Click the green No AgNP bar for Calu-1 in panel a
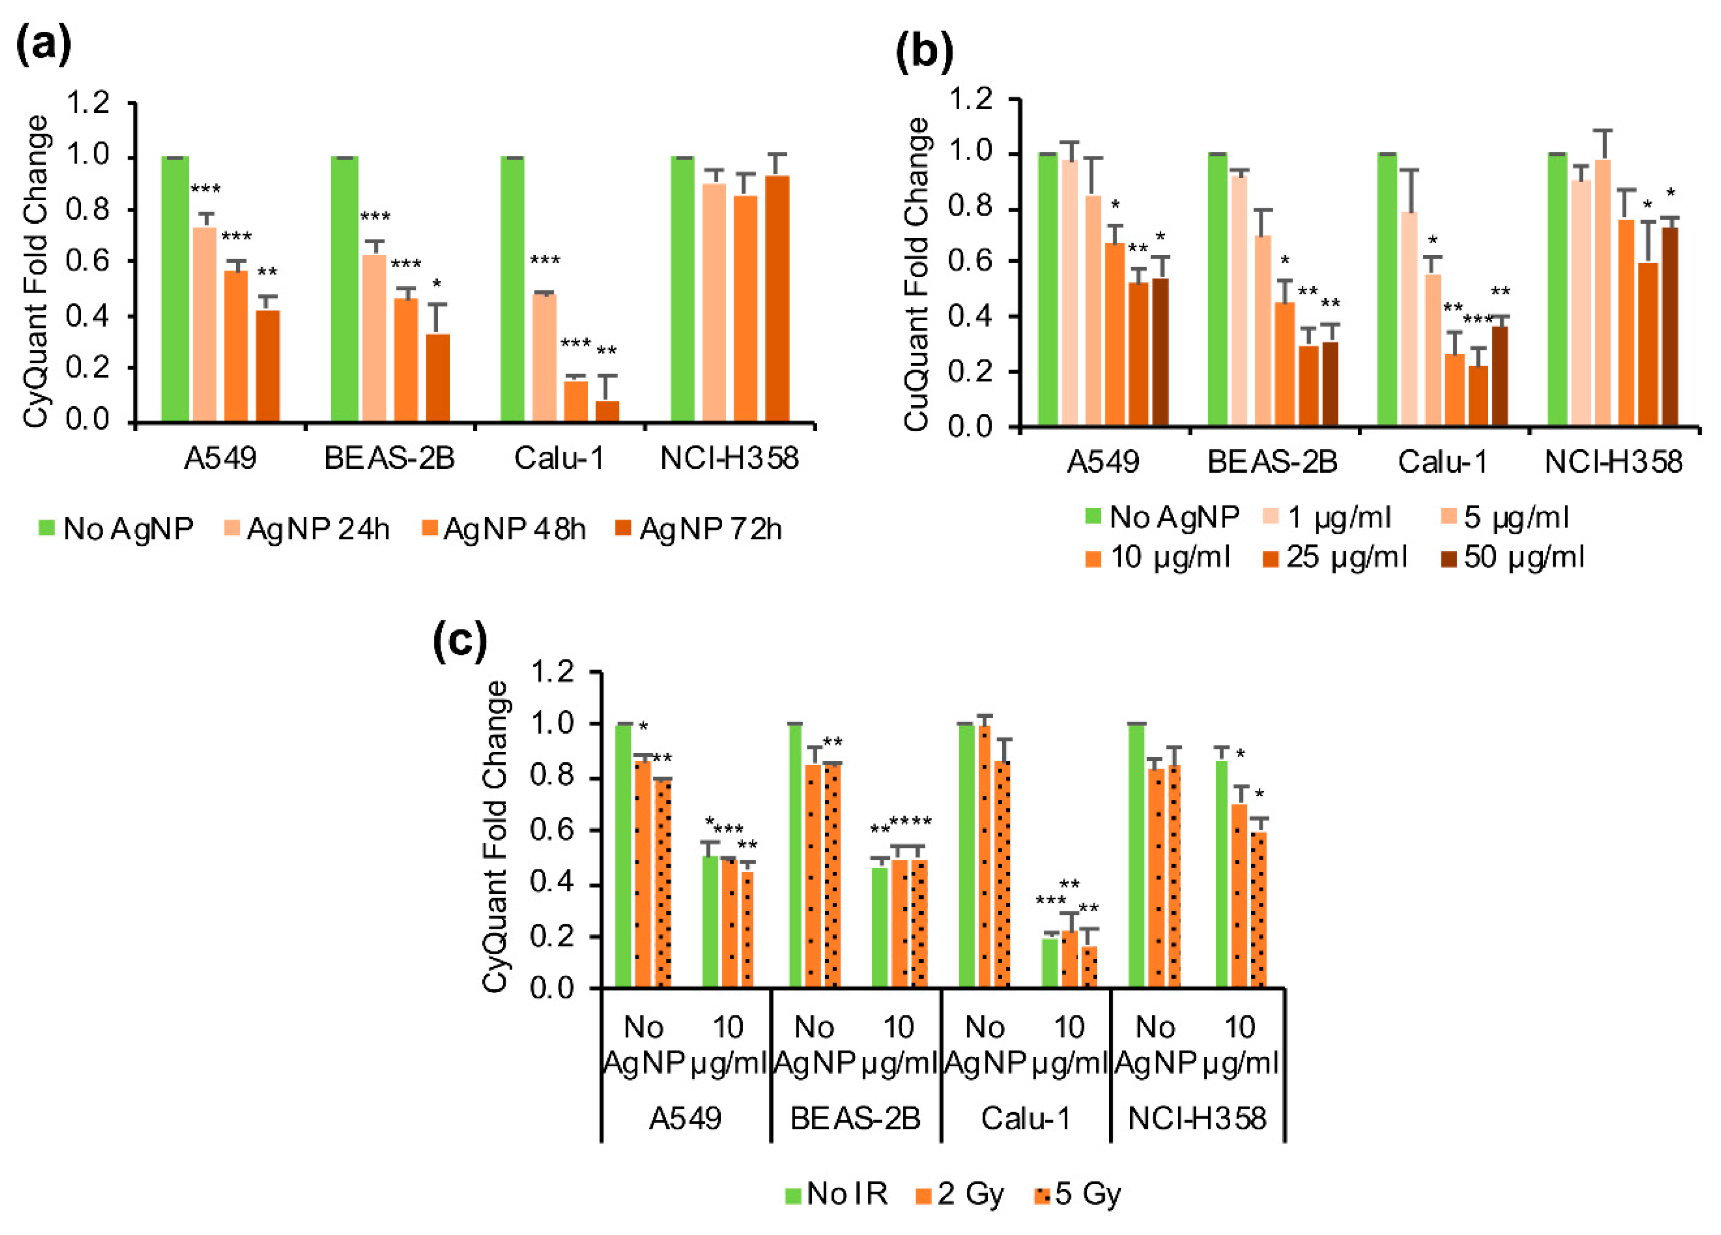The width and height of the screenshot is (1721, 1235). click(x=512, y=289)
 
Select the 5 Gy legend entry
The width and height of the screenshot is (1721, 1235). click(x=1078, y=1194)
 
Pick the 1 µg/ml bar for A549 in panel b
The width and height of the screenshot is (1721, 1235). click(x=1070, y=292)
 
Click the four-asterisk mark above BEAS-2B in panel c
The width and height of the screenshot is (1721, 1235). click(x=910, y=821)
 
